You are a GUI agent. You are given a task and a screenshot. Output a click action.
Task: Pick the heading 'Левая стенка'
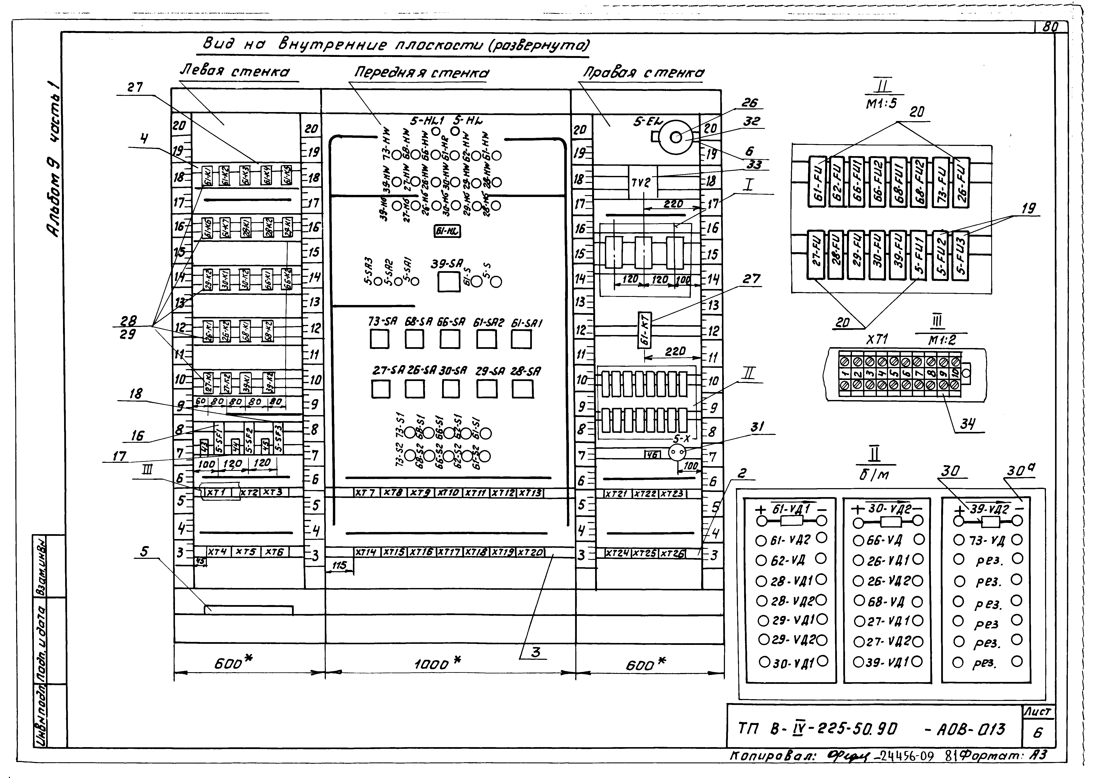click(235, 72)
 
